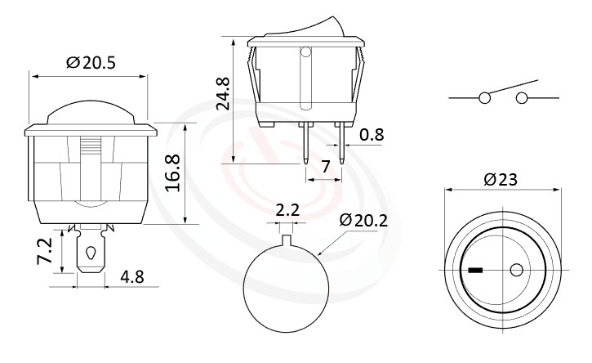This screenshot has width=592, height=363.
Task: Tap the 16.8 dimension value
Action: pyautogui.click(x=172, y=173)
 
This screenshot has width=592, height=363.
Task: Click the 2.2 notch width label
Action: pyautogui.click(x=287, y=210)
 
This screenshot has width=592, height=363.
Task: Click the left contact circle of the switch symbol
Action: pyautogui.click(x=484, y=99)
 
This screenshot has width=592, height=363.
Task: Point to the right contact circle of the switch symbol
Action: pyautogui.click(x=521, y=99)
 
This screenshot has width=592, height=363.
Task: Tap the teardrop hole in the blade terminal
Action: pyautogui.click(x=89, y=253)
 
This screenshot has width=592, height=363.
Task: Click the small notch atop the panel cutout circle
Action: pyautogui.click(x=287, y=240)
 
